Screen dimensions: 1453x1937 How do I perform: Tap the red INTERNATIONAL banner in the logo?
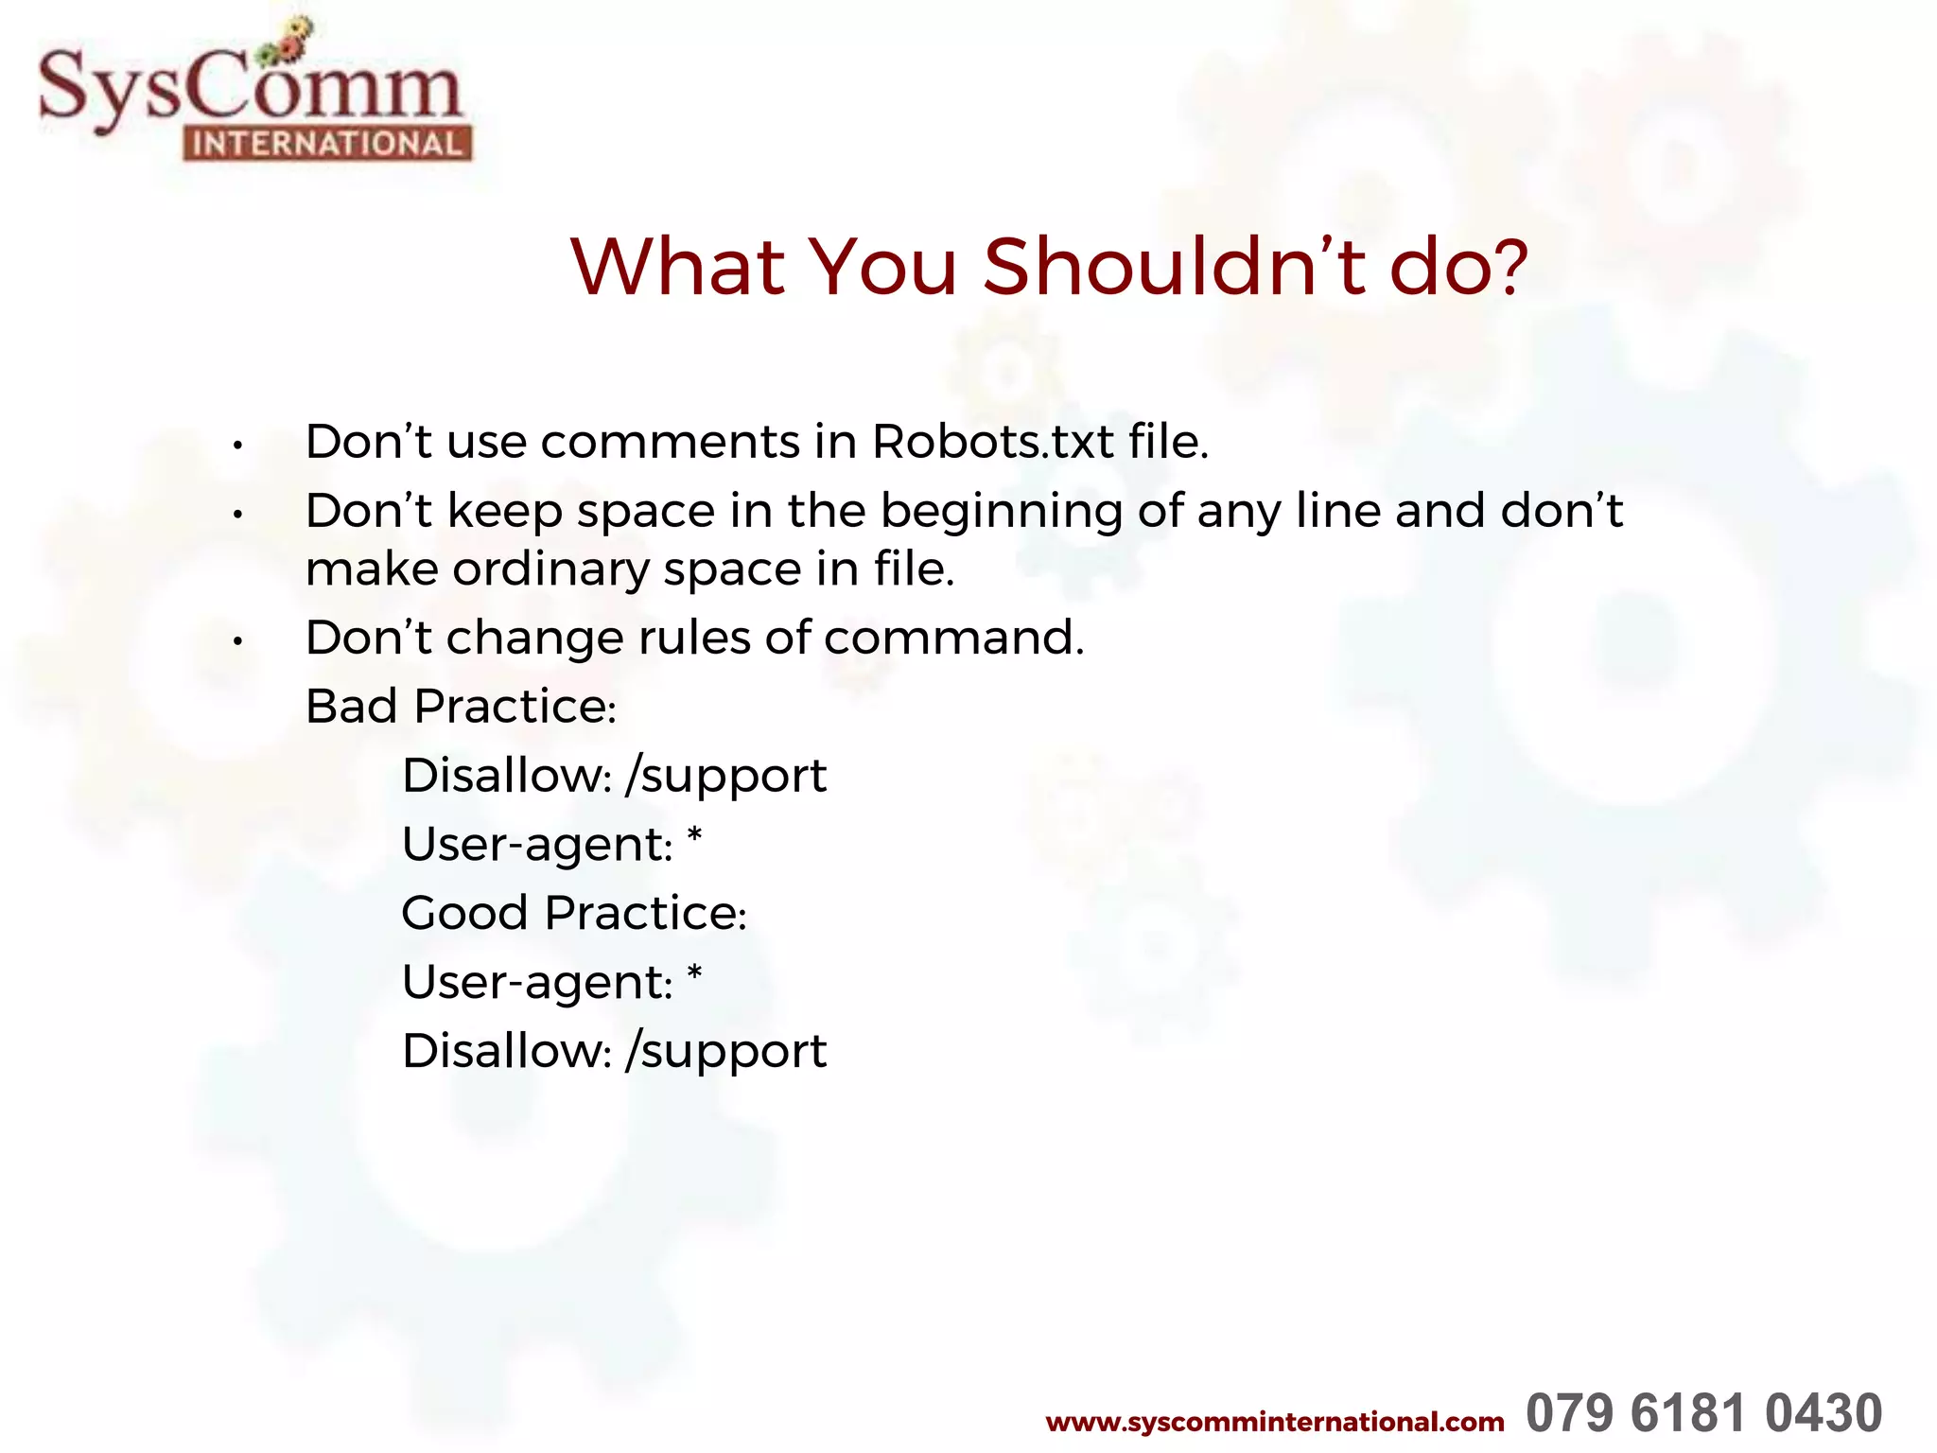(x=327, y=144)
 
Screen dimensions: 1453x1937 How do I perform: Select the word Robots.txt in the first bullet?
(x=992, y=442)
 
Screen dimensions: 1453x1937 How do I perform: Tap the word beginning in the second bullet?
(x=1002, y=512)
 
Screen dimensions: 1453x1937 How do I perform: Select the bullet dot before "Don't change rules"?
(x=239, y=642)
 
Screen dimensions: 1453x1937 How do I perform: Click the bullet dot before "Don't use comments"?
(x=239, y=446)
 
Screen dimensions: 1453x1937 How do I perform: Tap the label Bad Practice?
(x=461, y=707)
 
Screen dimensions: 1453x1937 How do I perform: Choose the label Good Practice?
(x=574, y=914)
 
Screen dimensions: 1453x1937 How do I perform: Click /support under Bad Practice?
(x=726, y=777)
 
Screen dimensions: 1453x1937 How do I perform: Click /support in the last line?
(x=726, y=1052)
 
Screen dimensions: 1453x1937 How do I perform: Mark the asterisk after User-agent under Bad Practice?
(x=694, y=837)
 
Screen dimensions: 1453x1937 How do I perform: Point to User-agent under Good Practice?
(x=536, y=983)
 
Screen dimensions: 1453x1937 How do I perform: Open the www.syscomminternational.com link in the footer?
(x=1274, y=1422)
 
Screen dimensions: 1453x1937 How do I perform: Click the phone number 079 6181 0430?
(x=1703, y=1414)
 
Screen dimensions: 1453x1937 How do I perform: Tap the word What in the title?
(x=678, y=267)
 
